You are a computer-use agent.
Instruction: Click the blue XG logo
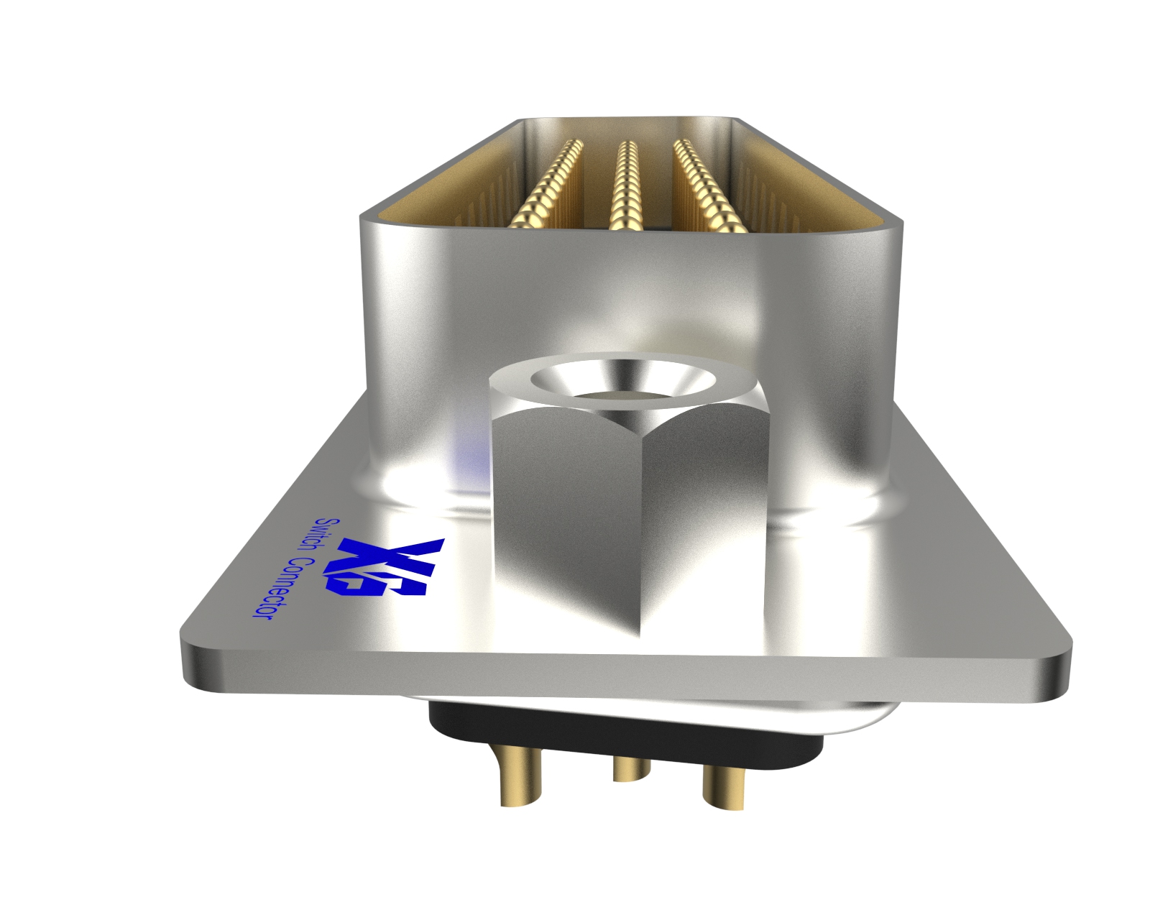pyautogui.click(x=385, y=567)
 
